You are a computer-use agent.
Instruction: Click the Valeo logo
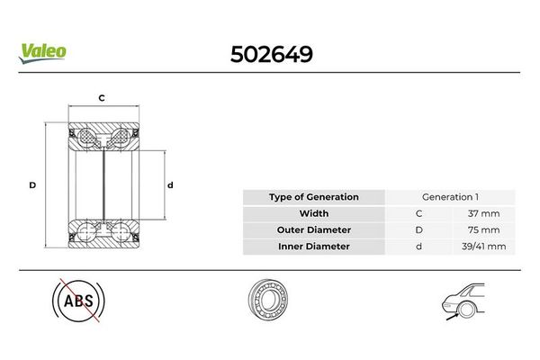click(42, 53)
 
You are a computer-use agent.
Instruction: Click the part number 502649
click(272, 54)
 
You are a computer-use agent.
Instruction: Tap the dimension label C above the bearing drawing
click(102, 98)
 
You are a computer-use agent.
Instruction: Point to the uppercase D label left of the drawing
click(32, 185)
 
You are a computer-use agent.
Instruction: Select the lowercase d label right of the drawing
click(170, 185)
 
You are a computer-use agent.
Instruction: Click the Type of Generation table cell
click(314, 197)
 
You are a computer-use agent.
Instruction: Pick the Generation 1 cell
click(450, 197)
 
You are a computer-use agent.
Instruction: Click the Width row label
click(314, 213)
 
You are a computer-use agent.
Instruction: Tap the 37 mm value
click(483, 213)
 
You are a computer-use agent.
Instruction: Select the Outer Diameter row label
click(314, 230)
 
